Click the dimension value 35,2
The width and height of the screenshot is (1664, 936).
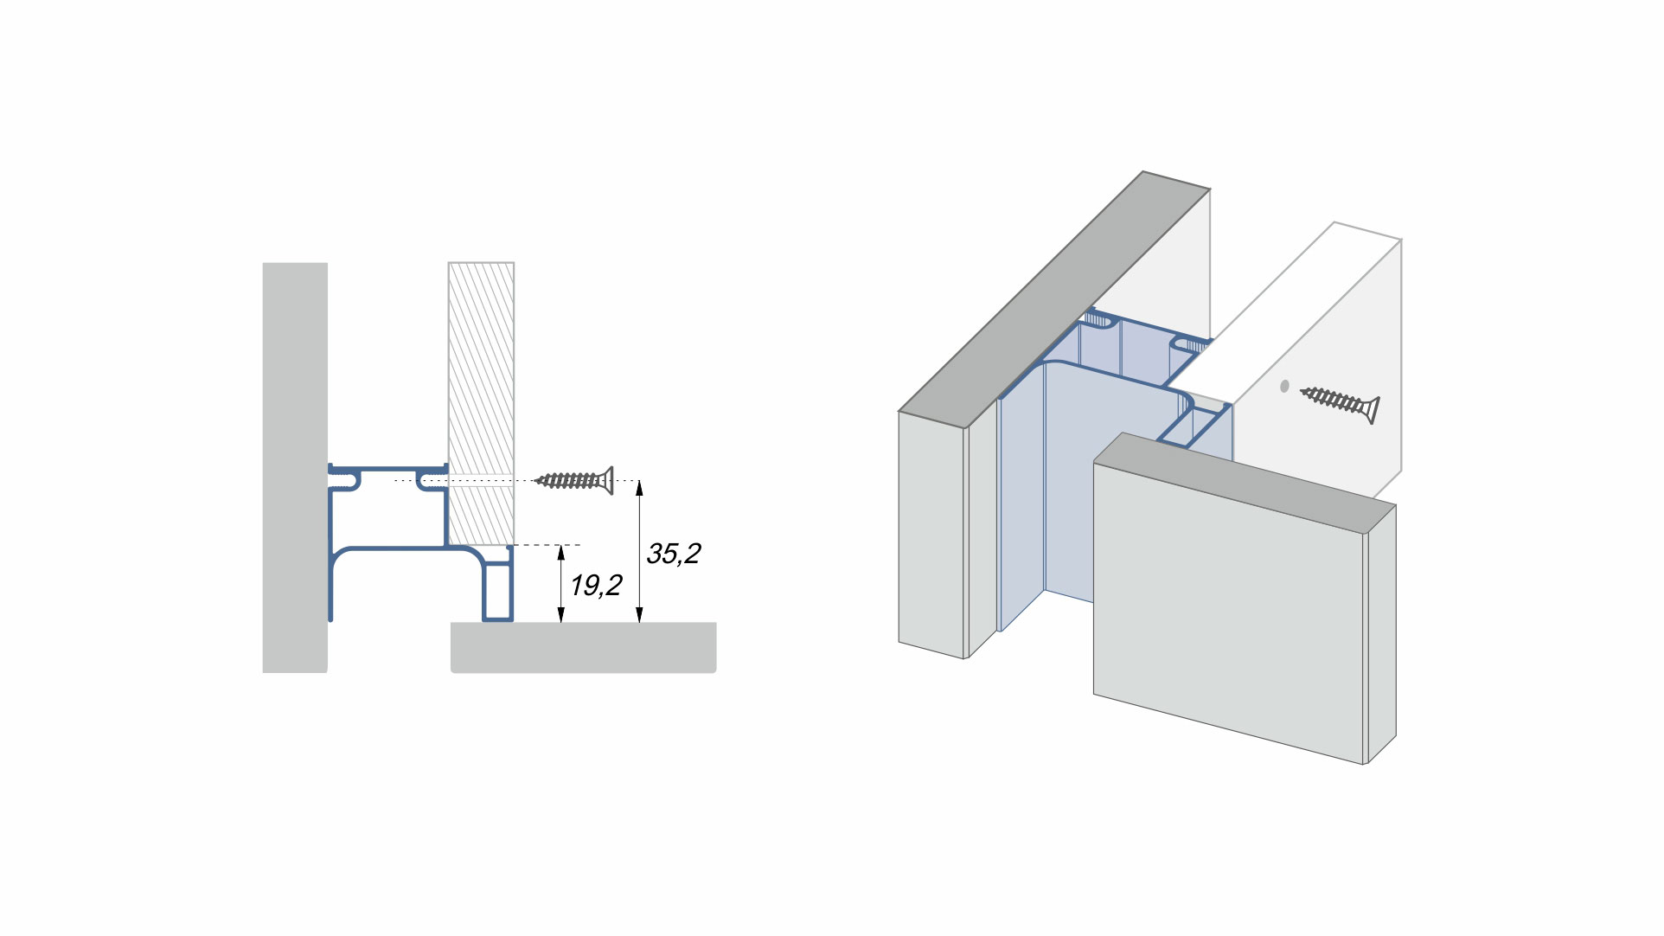[x=673, y=554]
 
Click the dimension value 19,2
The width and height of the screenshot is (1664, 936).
[x=596, y=586]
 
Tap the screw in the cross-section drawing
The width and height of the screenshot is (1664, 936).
[x=573, y=480]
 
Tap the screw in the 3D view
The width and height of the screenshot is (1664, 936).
[x=1340, y=402]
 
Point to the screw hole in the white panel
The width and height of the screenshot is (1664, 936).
[x=1284, y=387]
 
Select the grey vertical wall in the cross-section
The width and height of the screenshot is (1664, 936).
[x=294, y=389]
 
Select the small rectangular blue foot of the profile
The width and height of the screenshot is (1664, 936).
[x=497, y=593]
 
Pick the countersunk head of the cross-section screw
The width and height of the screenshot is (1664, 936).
[x=608, y=480]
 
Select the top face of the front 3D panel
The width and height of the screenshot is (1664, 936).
[x=1245, y=484]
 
